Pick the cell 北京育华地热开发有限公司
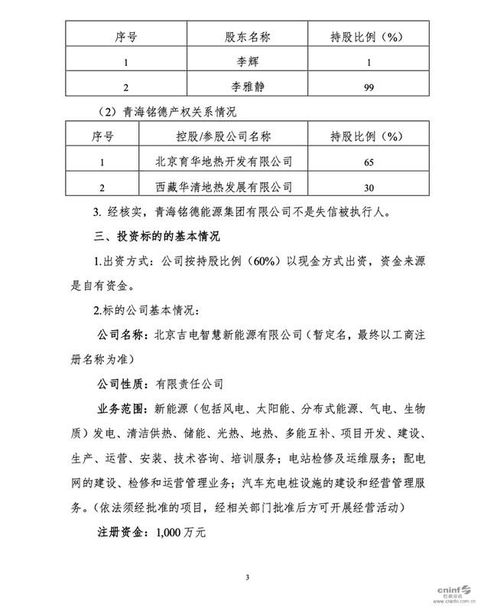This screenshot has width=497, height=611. coord(224,162)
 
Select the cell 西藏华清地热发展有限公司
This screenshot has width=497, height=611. coord(224,186)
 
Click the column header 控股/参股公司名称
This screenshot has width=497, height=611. coord(224,137)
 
